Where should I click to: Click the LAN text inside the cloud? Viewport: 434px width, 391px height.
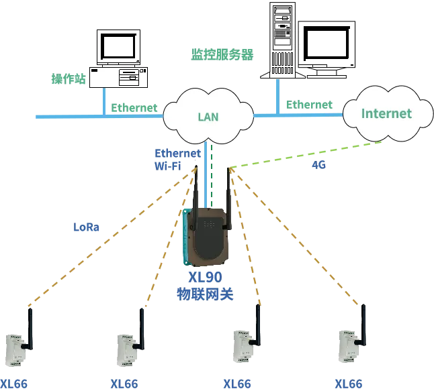pyautogui.click(x=208, y=117)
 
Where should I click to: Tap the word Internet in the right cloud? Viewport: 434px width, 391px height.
pyautogui.click(x=386, y=113)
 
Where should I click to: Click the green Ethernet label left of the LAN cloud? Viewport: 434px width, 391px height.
pyautogui.click(x=134, y=107)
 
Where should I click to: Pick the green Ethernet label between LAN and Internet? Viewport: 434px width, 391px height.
pyautogui.click(x=309, y=105)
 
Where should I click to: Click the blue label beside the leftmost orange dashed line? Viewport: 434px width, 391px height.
pyautogui.click(x=86, y=228)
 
